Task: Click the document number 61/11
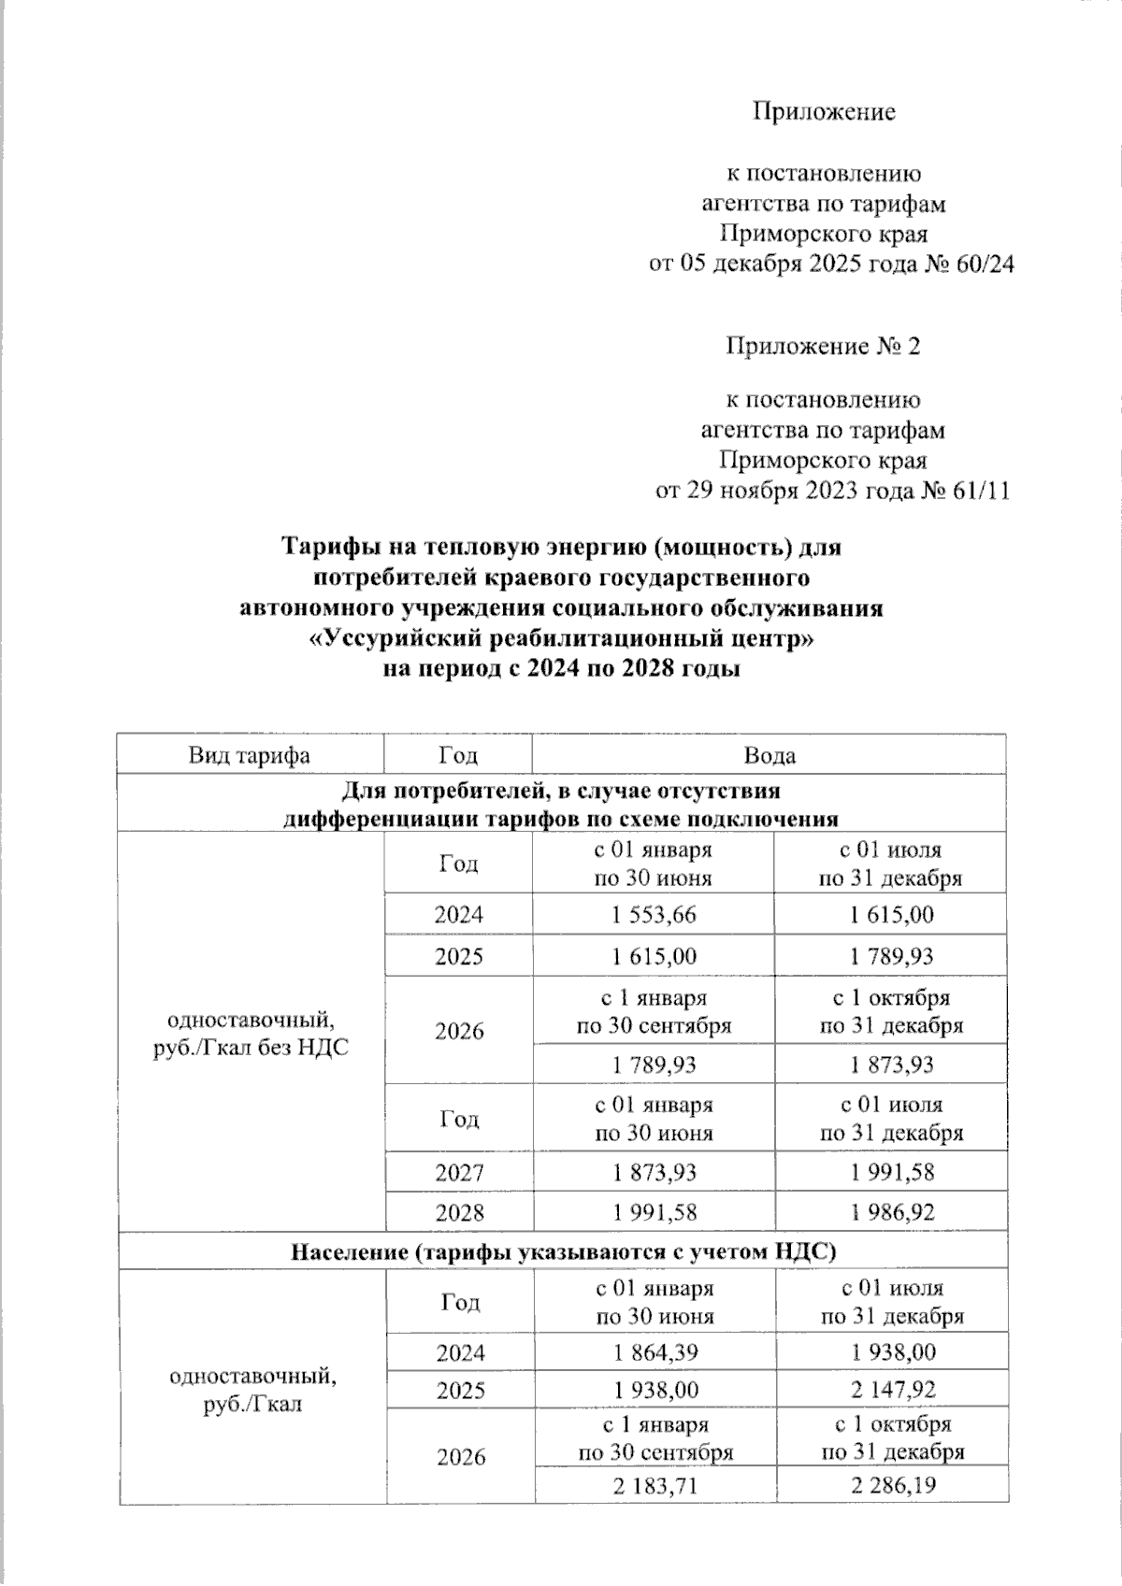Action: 981,492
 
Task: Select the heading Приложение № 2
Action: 824,347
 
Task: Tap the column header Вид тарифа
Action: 249,755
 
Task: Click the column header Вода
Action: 770,755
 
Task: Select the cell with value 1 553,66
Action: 654,915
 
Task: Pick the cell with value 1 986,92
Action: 891,1212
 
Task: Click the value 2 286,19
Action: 893,1486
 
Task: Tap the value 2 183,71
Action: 655,1486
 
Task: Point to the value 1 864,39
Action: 655,1351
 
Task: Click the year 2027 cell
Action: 459,1172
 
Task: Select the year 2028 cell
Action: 459,1212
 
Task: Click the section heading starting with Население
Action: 562,1250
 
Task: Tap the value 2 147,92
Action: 893,1390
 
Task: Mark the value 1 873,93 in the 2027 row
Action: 654,1172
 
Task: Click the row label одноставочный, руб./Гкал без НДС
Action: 251,1032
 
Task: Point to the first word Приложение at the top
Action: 824,112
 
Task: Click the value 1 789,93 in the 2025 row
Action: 891,957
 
